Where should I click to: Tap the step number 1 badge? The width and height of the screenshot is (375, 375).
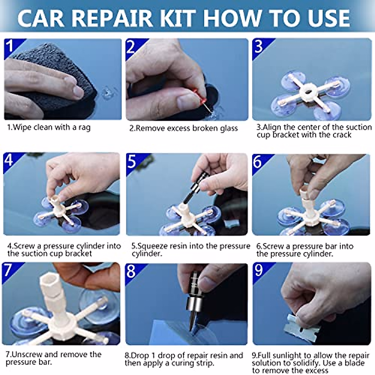pos(10,46)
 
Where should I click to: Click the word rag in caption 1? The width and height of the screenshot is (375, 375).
pos(84,128)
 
